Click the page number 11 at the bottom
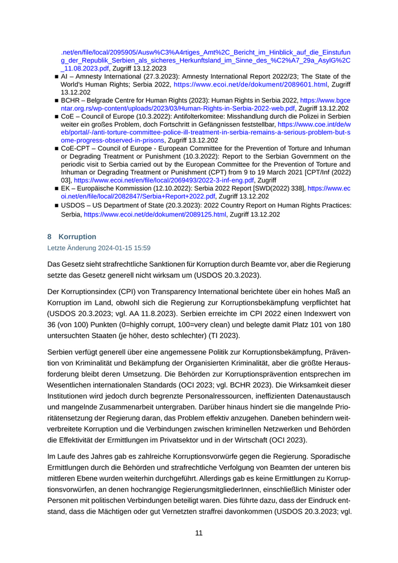(199, 533)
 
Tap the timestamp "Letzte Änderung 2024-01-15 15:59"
(99, 248)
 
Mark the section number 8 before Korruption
(49, 237)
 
